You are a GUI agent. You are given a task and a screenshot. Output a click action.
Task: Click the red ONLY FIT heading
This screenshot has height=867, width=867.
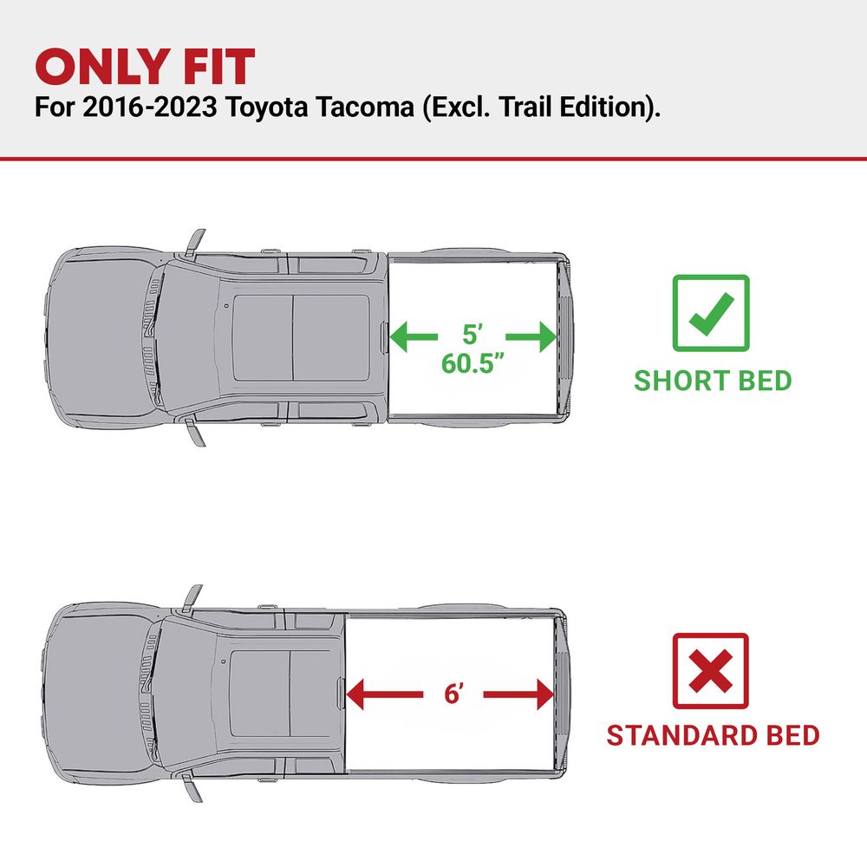pos(145,67)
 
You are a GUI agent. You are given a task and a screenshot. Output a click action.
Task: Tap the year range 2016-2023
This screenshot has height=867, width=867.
pos(149,107)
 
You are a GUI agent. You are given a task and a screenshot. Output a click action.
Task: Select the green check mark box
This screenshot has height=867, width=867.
pos(711,313)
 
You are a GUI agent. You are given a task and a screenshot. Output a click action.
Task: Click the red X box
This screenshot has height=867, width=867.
pos(711,671)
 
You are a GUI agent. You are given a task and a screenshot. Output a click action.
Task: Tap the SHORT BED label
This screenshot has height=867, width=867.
pos(713,381)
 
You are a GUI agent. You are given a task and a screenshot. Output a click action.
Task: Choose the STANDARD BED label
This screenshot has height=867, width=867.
pos(713,735)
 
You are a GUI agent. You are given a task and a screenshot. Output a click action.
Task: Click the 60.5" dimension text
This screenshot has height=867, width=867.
pos(473,363)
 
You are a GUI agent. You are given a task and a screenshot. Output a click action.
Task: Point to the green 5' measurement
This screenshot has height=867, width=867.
pos(473,335)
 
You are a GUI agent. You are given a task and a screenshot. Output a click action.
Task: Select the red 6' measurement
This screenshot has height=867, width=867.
pos(453,694)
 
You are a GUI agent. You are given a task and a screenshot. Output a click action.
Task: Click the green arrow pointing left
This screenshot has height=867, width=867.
pos(414,336)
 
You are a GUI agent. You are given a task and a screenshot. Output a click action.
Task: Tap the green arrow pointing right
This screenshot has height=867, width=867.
pos(531,336)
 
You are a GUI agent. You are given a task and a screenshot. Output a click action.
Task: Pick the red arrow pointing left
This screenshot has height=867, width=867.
pos(384,694)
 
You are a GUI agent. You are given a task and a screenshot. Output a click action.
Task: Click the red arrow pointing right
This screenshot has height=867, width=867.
pos(518,694)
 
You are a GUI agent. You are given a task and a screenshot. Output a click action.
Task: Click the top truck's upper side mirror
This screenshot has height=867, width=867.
pos(195,243)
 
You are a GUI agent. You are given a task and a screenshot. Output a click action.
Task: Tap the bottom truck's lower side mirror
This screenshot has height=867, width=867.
pos(192,787)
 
